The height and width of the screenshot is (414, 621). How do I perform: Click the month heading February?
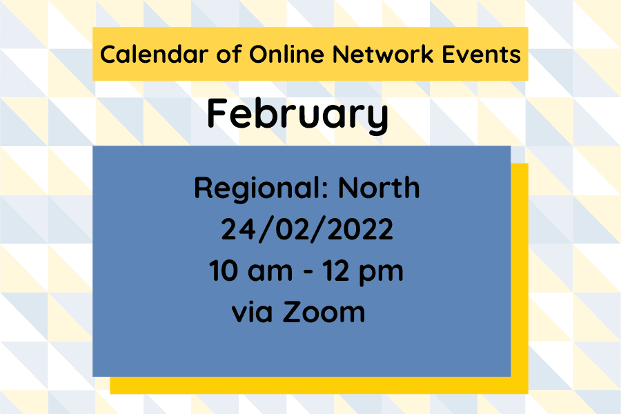297,115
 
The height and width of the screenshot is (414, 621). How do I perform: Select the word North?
379,188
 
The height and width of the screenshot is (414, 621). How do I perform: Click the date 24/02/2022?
307,229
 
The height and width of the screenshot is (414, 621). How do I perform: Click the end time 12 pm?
366,271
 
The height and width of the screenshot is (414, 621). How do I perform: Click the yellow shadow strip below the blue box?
317,385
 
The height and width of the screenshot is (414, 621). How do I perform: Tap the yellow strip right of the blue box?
519,276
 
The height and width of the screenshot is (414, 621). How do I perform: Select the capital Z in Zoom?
293,313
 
